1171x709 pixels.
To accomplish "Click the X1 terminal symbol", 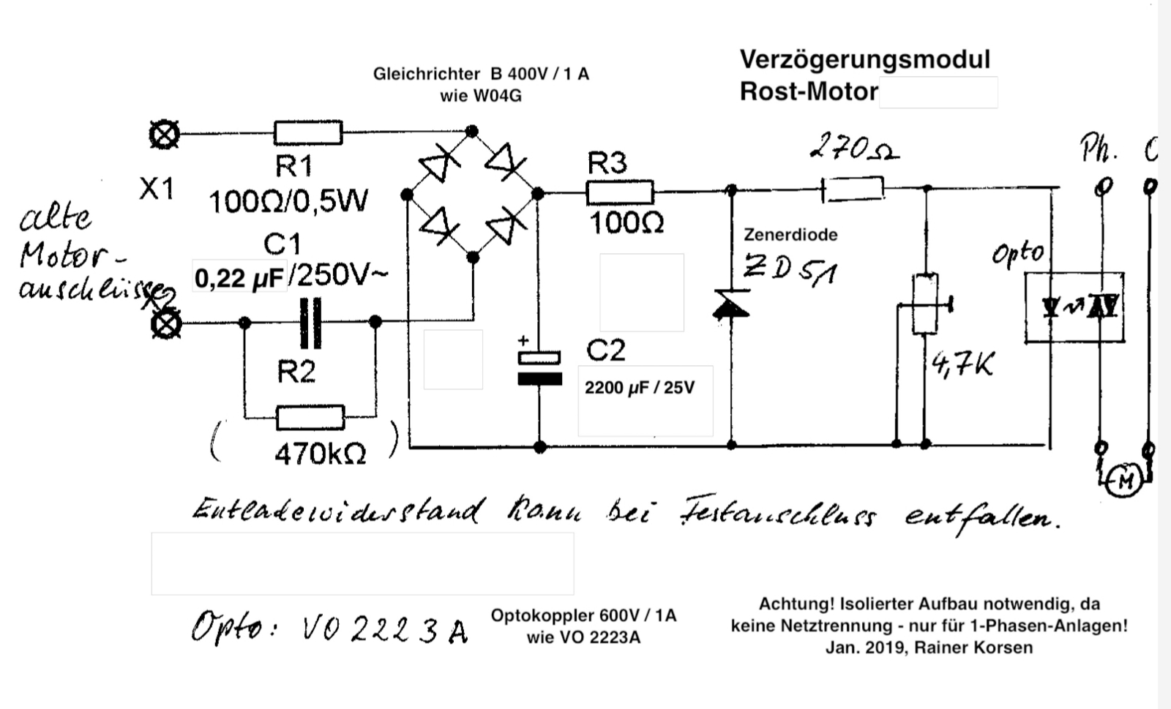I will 164,135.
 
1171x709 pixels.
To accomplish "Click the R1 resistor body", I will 307,133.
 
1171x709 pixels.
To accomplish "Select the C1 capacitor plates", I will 310,323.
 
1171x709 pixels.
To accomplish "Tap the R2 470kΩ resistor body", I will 310,418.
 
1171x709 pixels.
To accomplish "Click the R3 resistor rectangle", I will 619,193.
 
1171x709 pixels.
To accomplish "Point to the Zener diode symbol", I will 731,304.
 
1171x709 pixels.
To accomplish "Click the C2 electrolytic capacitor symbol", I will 539,367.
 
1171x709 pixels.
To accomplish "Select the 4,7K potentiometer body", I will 925,304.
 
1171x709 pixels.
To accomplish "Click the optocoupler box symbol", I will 1074,307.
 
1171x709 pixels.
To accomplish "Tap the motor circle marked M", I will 1126,481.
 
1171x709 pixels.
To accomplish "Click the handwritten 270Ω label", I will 853,149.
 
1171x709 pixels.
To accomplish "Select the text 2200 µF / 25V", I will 639,387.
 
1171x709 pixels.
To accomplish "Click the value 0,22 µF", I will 239,278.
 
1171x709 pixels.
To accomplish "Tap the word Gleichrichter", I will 426,74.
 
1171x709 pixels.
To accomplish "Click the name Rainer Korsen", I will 973,648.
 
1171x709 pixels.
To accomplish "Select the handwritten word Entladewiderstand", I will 337,510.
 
